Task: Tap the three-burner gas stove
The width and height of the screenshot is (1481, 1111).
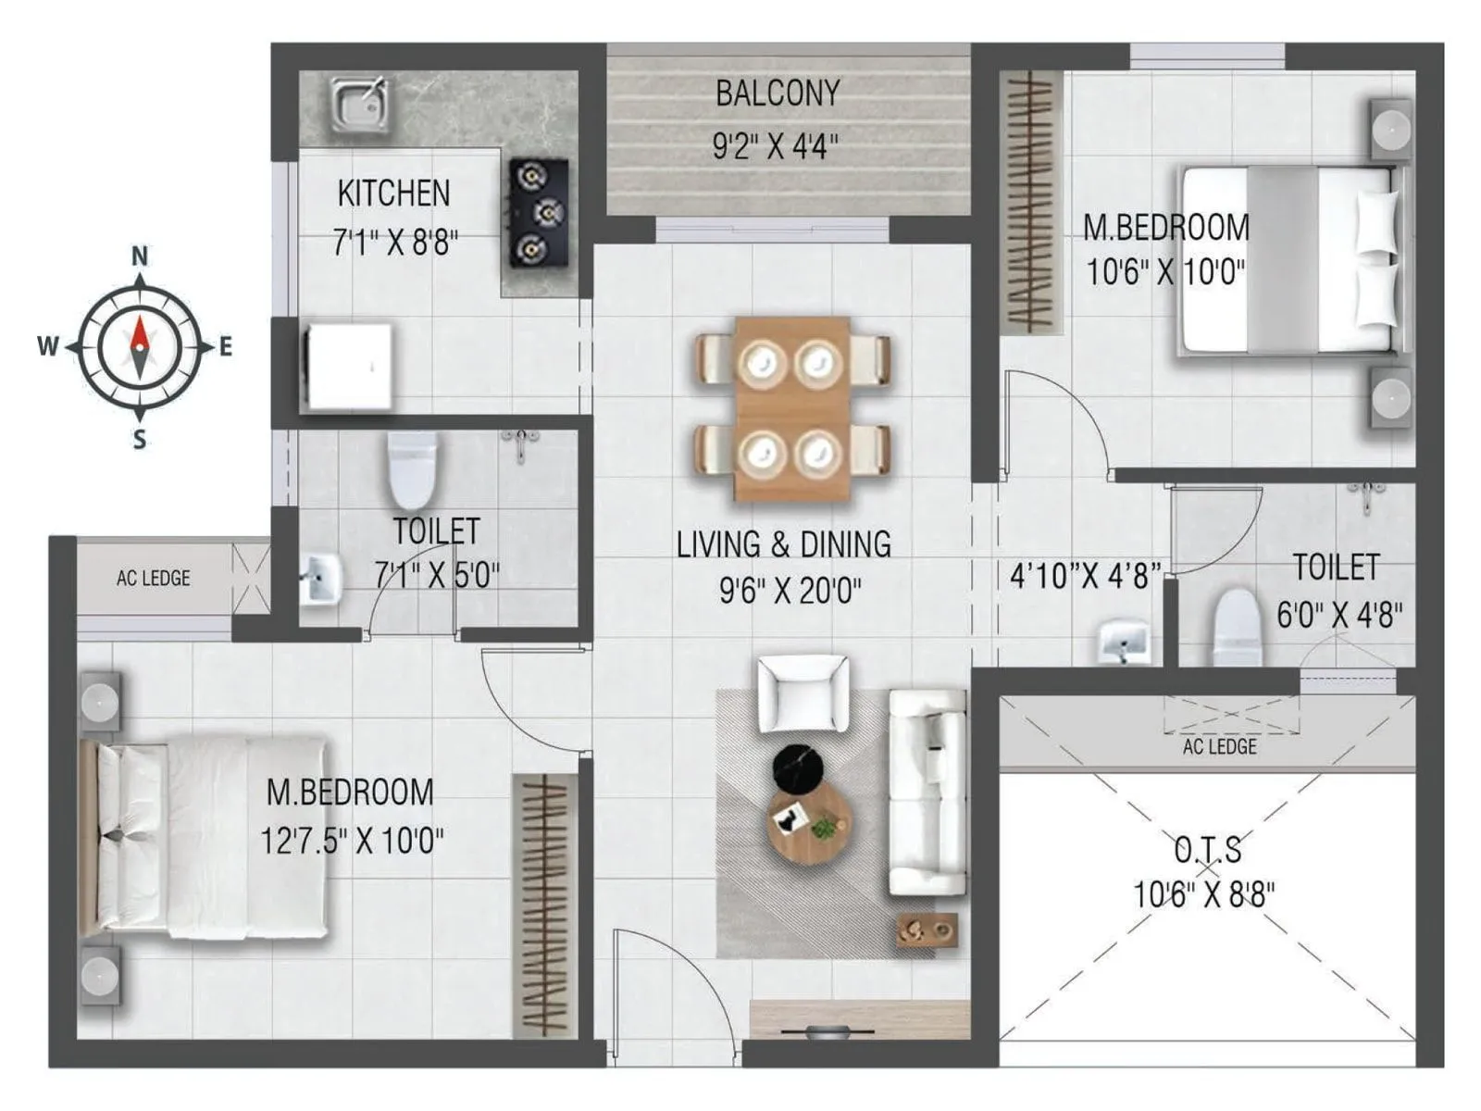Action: pyautogui.click(x=537, y=214)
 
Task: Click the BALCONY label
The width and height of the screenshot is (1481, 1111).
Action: pyautogui.click(x=778, y=94)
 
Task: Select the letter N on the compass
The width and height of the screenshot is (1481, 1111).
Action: pyautogui.click(x=140, y=256)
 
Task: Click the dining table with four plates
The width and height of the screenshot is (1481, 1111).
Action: pyautogui.click(x=792, y=408)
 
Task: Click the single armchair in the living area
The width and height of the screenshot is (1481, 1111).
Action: pyautogui.click(x=803, y=693)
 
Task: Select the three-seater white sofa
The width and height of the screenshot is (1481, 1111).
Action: pyautogui.click(x=926, y=792)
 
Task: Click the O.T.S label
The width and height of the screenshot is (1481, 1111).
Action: pyautogui.click(x=1207, y=848)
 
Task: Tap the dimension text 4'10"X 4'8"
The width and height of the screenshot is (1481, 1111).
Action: pyautogui.click(x=1084, y=576)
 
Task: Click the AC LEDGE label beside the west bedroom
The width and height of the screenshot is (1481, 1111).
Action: pyautogui.click(x=154, y=579)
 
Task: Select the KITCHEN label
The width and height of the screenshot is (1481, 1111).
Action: pyautogui.click(x=393, y=193)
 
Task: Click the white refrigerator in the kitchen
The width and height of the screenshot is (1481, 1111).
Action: pyautogui.click(x=349, y=366)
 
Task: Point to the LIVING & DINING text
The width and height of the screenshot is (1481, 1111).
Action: pyautogui.click(x=783, y=544)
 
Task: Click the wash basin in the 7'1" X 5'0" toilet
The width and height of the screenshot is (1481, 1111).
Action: pyautogui.click(x=321, y=580)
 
